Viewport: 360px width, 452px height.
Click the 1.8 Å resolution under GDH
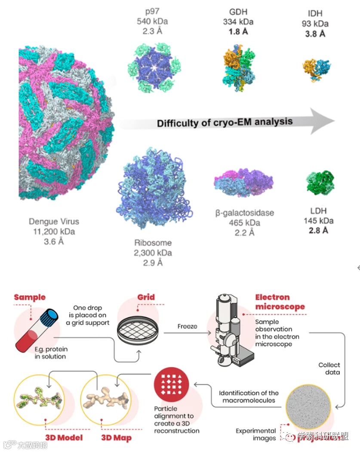coord(238,31)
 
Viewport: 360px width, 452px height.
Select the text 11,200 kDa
coord(54,232)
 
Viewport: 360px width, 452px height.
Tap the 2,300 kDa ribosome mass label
coord(153,253)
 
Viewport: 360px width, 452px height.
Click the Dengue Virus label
coord(54,222)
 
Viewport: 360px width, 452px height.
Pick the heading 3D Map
coord(116,438)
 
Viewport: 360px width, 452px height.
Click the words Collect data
coord(329,368)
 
